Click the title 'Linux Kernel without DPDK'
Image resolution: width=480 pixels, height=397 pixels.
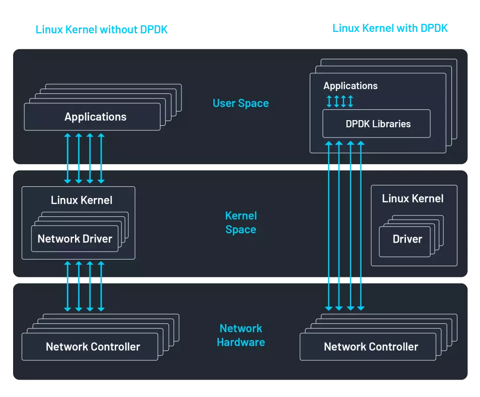(x=101, y=29)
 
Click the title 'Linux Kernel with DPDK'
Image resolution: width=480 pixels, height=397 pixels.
(x=390, y=28)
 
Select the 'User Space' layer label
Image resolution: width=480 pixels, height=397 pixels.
(x=240, y=103)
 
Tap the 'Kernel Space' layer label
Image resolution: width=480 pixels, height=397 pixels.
(x=240, y=222)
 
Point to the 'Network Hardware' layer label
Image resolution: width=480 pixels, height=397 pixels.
(x=240, y=335)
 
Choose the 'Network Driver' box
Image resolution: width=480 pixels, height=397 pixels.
(x=75, y=238)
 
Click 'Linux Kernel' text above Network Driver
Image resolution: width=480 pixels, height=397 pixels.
(x=82, y=200)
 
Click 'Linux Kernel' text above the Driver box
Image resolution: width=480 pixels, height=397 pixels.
(x=412, y=198)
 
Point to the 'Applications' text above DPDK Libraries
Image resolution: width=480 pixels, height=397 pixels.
(x=350, y=86)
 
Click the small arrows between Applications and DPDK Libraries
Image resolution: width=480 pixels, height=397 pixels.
(x=340, y=101)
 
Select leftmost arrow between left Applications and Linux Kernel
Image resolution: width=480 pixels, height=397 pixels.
(x=67, y=158)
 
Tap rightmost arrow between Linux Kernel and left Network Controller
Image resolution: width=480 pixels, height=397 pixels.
(x=101, y=286)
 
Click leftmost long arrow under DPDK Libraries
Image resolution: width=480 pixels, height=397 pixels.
(x=329, y=225)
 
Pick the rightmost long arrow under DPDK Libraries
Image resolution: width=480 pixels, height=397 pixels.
(x=360, y=225)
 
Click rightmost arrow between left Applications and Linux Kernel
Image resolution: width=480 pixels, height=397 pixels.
(x=101, y=158)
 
